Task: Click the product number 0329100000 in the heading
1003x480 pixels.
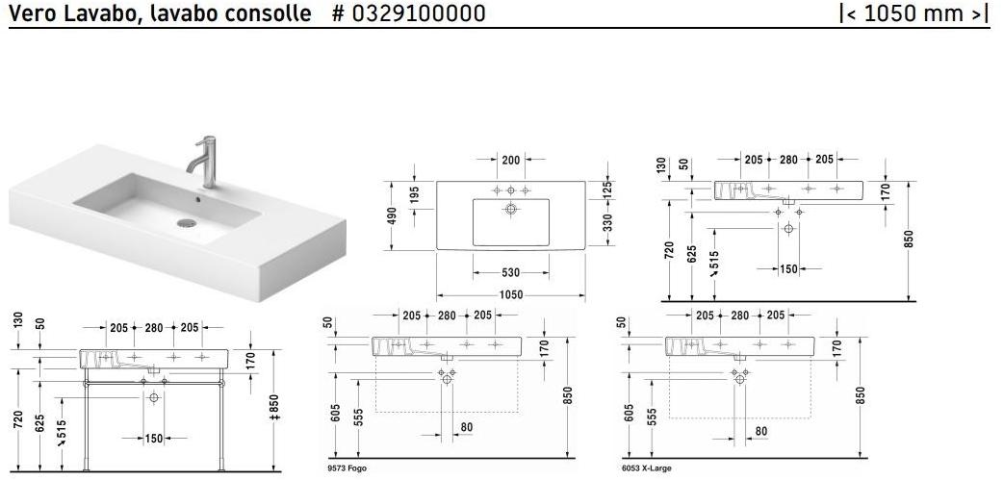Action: tap(419, 13)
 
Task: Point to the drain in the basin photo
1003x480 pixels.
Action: tap(184, 223)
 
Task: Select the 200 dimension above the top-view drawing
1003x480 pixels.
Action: tap(510, 160)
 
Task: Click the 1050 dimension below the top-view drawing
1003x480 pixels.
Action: tap(510, 294)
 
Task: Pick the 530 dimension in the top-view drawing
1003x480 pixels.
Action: tap(510, 273)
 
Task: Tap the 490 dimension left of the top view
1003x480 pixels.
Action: tap(392, 216)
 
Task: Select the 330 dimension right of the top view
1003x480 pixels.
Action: tap(607, 223)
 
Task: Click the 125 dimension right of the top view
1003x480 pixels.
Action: tap(607, 190)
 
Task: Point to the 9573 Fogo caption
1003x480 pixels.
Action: tap(347, 468)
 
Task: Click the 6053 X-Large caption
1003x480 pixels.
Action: tap(647, 468)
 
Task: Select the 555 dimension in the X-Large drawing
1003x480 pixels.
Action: tap(652, 415)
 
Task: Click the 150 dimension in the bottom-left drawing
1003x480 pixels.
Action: tap(153, 439)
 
